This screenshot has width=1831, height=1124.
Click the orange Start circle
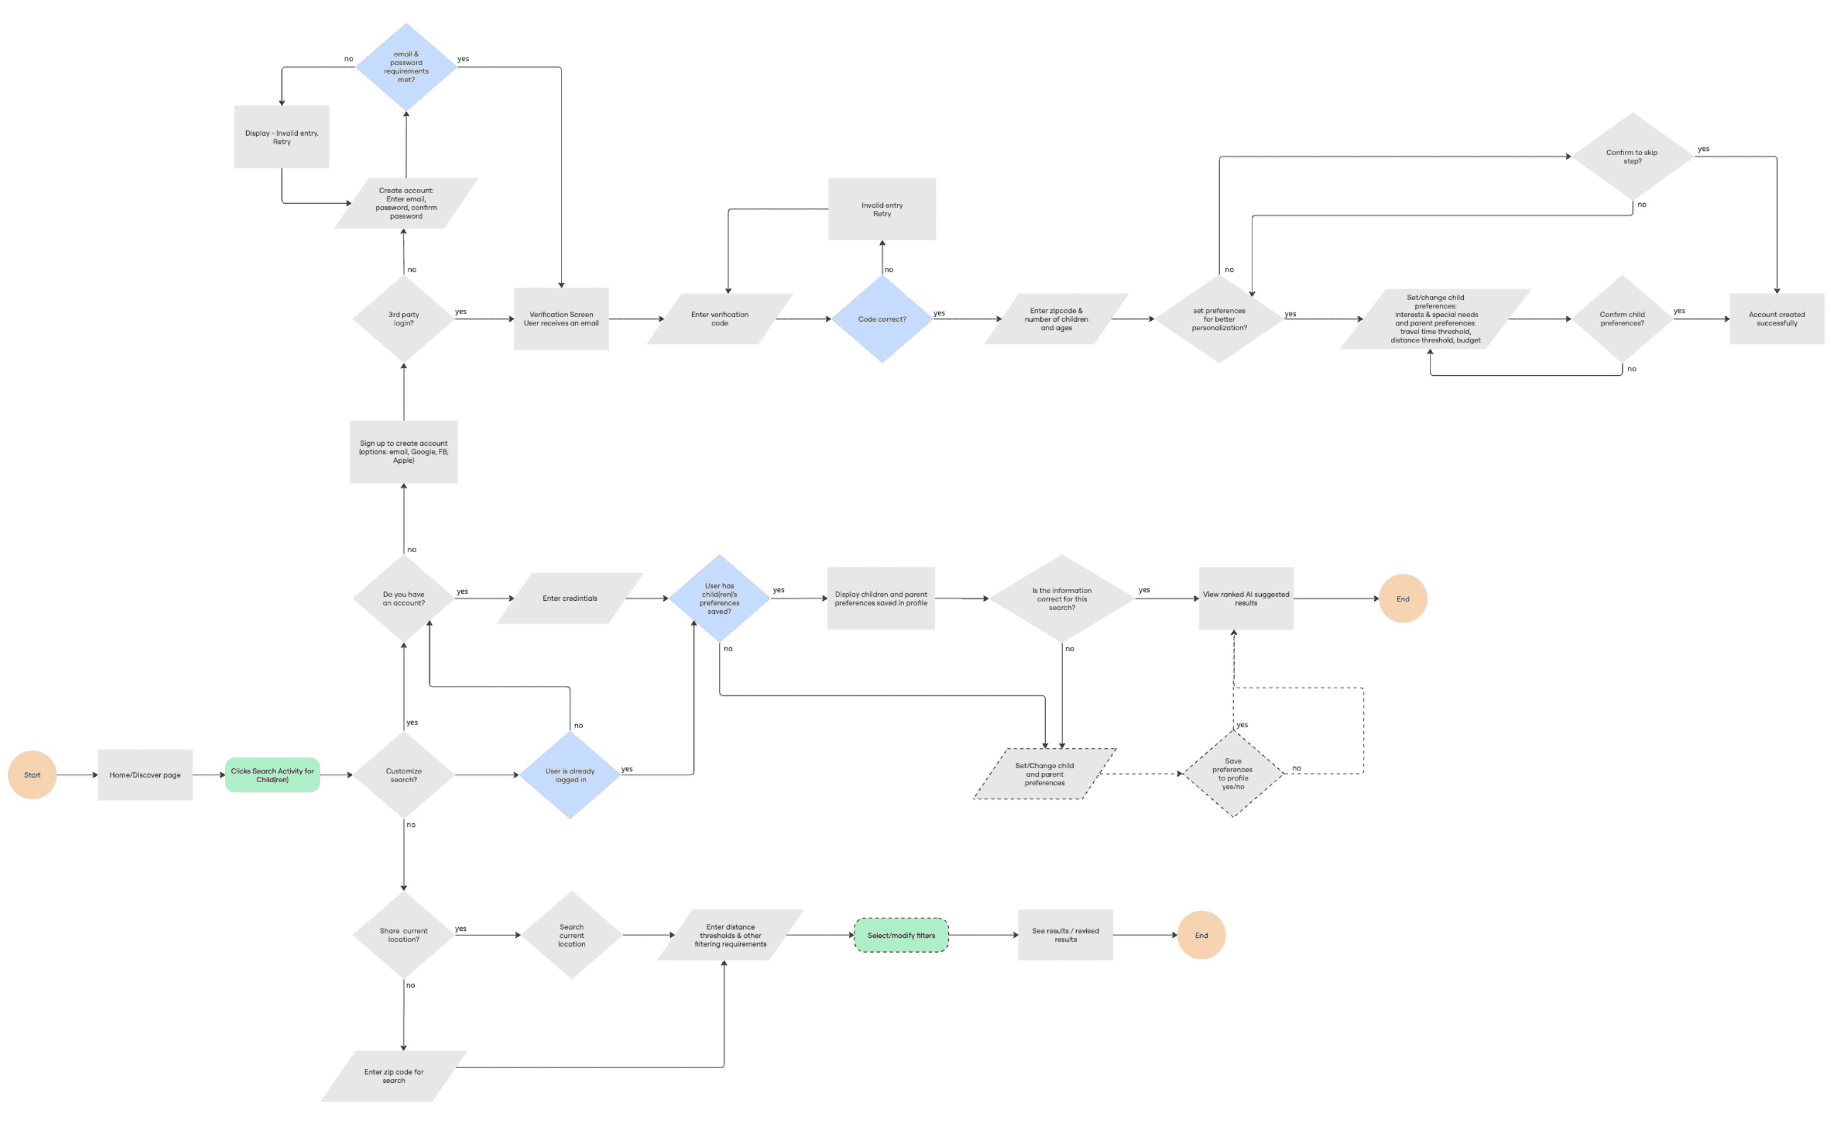32,775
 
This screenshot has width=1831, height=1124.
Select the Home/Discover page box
145,775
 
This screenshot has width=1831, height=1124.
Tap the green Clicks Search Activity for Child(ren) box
272,775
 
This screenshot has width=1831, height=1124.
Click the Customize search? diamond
404,775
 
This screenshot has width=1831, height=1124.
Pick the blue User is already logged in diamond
570,775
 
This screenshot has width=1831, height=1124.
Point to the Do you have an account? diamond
404,598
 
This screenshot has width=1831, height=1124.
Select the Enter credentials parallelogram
569,598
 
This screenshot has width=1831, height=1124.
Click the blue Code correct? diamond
882,319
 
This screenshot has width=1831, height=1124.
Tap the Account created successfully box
1776,319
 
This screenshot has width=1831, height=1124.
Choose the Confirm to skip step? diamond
1632,157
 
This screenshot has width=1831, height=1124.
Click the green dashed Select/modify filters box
901,935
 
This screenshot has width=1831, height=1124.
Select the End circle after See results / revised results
1201,935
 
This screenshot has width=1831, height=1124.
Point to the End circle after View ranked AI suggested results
1403,598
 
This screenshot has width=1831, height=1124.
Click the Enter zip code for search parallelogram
394,1076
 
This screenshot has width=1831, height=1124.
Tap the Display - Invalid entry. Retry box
282,137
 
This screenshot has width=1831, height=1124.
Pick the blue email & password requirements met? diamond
406,67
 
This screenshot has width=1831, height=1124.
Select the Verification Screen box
561,319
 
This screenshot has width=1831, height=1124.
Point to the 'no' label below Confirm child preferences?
1632,369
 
